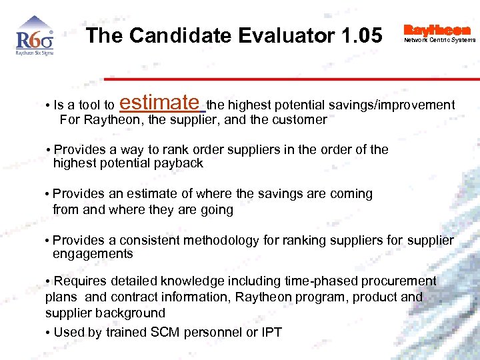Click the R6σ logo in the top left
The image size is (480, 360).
(34, 41)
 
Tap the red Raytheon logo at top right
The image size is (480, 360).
(437, 30)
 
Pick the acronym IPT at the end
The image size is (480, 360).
(270, 332)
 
